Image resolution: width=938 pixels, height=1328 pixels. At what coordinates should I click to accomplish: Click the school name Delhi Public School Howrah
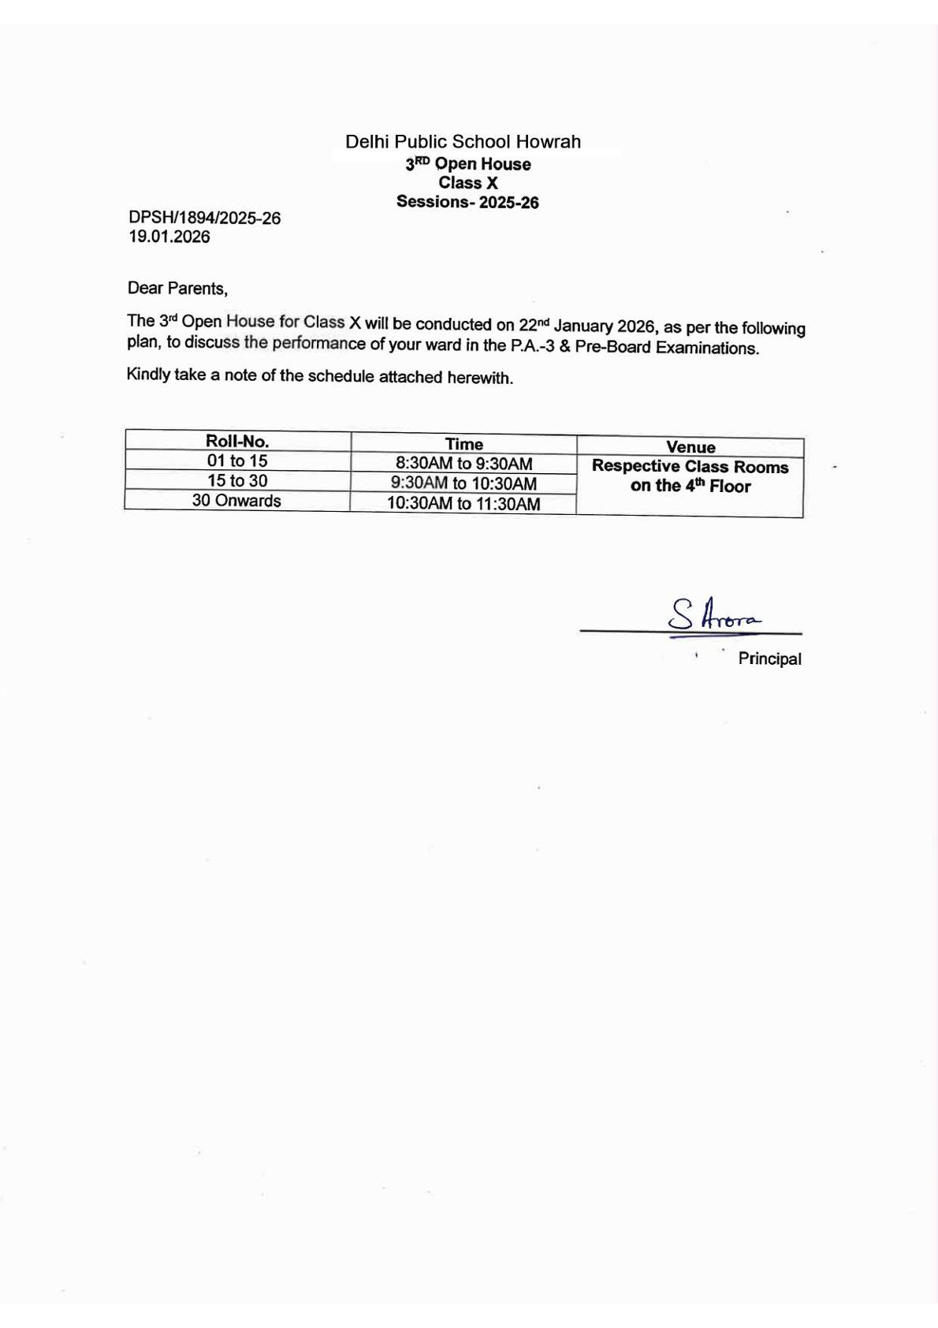pos(463,142)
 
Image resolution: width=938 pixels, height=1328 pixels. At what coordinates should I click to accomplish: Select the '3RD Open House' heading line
pos(468,164)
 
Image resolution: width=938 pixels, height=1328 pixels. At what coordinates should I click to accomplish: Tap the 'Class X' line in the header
pos(468,183)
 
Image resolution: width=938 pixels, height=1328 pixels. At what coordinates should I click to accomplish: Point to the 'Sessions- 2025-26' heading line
pos(467,202)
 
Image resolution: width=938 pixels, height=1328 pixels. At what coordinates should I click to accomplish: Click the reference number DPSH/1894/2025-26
pos(205,218)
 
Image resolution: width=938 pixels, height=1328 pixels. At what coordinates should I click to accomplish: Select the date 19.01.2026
pos(169,237)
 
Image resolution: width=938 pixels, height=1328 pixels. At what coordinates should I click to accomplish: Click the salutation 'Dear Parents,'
pos(177,289)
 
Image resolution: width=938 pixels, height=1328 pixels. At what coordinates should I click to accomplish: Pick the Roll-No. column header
pos(237,442)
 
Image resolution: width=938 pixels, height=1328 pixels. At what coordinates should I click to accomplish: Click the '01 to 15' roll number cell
pos(237,461)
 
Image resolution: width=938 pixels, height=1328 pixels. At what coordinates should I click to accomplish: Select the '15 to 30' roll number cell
pos(237,481)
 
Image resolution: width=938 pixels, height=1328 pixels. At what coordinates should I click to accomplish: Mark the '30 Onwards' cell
pos(236,501)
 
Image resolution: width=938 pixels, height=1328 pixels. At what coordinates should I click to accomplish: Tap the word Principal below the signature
pos(769,659)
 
